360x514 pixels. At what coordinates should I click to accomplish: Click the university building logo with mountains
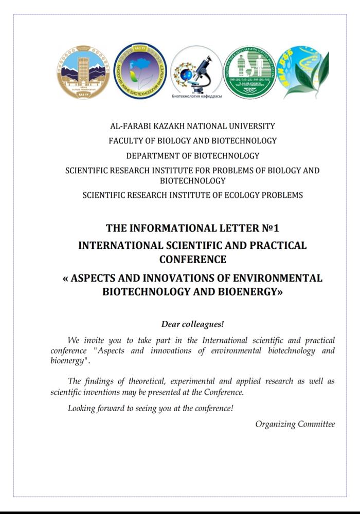point(83,72)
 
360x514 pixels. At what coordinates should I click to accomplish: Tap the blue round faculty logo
point(140,71)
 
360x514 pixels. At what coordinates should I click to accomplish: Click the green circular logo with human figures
point(249,72)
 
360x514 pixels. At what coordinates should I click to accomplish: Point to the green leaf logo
point(303,72)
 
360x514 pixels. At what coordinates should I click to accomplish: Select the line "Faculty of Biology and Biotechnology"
point(192,141)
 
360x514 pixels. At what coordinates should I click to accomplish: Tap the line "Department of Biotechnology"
point(192,156)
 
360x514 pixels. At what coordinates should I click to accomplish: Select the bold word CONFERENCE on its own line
point(192,259)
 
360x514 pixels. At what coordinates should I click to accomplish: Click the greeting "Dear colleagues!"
point(192,324)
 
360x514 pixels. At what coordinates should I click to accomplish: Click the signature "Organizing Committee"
point(295,424)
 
